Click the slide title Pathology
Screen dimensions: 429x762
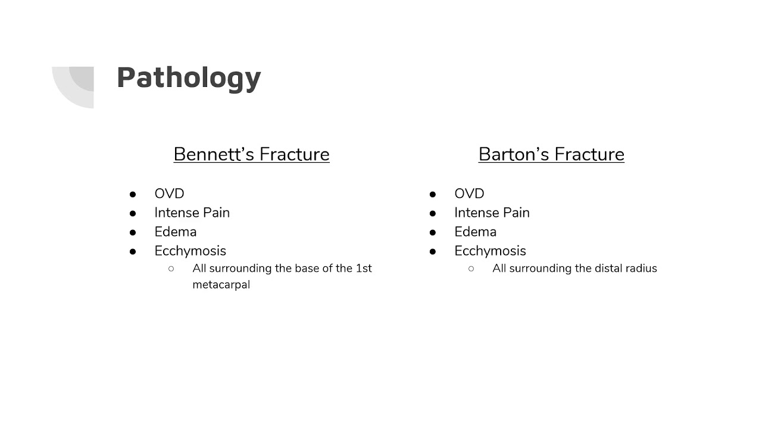189,78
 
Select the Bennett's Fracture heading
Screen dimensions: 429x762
251,154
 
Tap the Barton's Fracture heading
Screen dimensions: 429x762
551,154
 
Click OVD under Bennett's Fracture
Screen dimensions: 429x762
169,194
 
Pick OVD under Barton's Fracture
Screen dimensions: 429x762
469,194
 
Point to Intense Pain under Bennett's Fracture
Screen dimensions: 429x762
192,213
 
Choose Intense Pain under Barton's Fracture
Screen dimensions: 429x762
492,213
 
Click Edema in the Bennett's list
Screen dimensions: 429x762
175,232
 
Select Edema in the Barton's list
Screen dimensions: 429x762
475,232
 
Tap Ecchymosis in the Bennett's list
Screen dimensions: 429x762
190,251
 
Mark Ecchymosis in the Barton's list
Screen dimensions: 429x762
490,251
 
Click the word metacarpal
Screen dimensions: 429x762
221,285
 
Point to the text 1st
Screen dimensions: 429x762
364,268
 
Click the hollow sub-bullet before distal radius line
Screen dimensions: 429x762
471,269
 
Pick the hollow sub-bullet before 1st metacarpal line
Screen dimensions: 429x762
171,269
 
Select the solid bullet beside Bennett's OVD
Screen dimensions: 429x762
133,194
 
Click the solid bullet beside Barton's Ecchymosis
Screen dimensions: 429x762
433,251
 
